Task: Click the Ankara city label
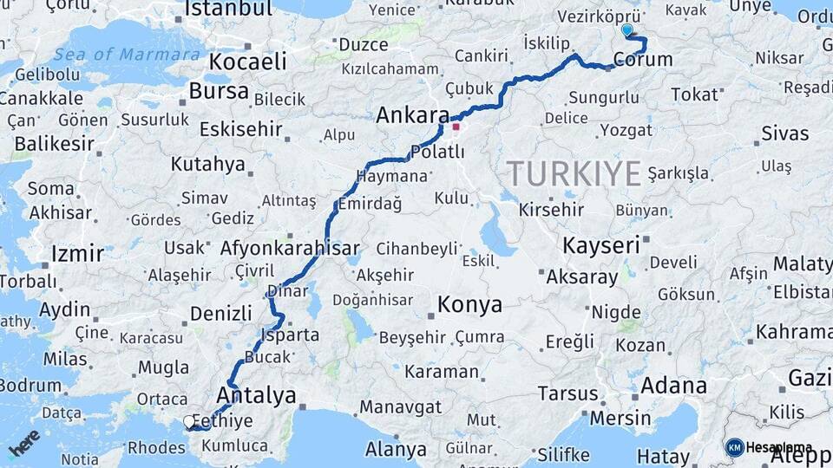(412, 115)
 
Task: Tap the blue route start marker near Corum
(627, 30)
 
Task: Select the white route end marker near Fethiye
(189, 422)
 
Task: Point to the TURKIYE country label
(574, 173)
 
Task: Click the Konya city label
(469, 304)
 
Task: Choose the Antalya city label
(256, 396)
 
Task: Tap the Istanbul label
(228, 10)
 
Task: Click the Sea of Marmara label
(127, 54)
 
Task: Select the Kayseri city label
(600, 245)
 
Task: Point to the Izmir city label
(78, 254)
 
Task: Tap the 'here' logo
(24, 441)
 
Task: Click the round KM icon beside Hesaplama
(735, 447)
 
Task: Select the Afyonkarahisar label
(290, 248)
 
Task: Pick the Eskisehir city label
(241, 129)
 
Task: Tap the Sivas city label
(784, 133)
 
